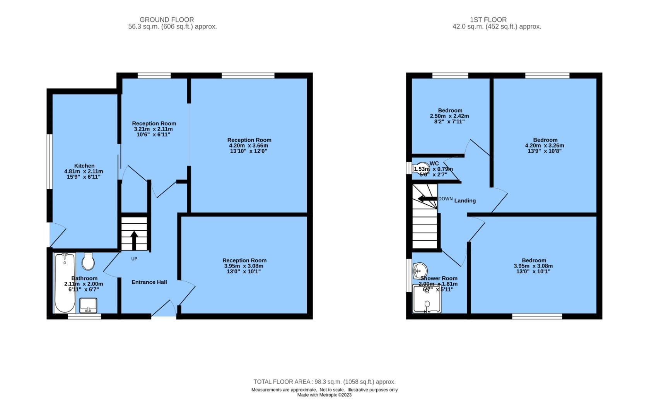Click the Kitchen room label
pyautogui.click(x=84, y=166)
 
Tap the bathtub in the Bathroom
pyautogui.click(x=65, y=283)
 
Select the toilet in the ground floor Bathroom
pyautogui.click(x=88, y=262)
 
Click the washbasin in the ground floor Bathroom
pyautogui.click(x=88, y=305)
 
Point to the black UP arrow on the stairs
pyautogui.click(x=134, y=240)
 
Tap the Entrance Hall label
pyautogui.click(x=149, y=282)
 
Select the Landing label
pyautogui.click(x=465, y=200)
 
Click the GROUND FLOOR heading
pyautogui.click(x=167, y=19)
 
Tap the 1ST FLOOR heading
pyautogui.click(x=488, y=19)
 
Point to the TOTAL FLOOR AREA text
pyautogui.click(x=324, y=382)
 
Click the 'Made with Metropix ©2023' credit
pyautogui.click(x=324, y=395)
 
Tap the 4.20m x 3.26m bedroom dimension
pyautogui.click(x=545, y=146)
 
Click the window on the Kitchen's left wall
pyautogui.click(x=50, y=161)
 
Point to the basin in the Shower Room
pyautogui.click(x=420, y=269)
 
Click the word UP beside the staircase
pyautogui.click(x=134, y=259)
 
